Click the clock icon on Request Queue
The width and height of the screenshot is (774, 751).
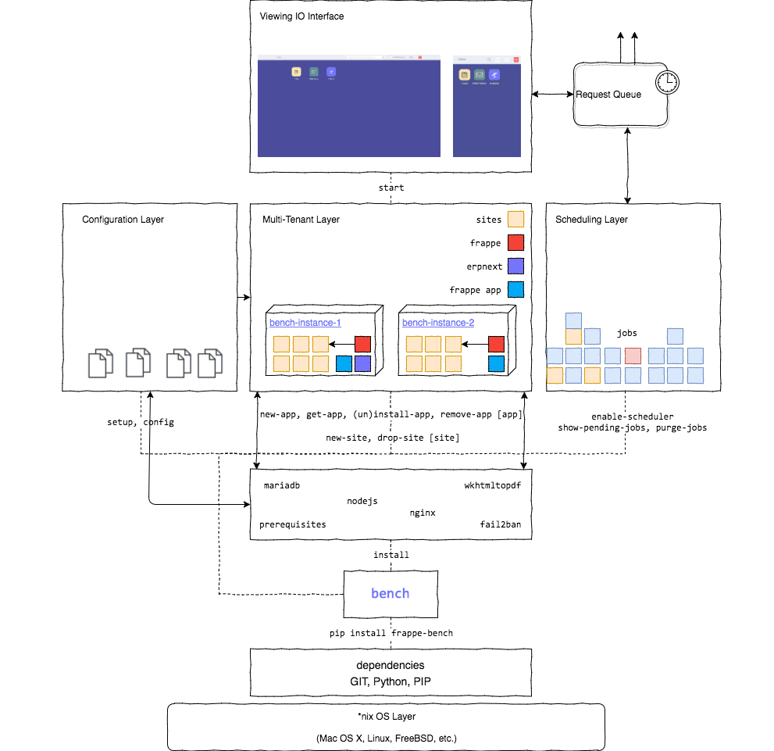coord(666,81)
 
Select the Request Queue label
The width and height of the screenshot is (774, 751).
coord(608,95)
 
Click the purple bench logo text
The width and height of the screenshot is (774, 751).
coord(390,593)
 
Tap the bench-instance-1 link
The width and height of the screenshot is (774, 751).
coord(305,322)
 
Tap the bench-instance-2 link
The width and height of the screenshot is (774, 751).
coord(438,322)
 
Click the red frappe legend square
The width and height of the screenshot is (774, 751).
coord(515,243)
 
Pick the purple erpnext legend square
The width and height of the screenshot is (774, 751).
coord(515,266)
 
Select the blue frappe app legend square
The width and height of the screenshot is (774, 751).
coord(515,290)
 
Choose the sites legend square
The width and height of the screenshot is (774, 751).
coord(515,220)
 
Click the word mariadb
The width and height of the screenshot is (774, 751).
coord(282,485)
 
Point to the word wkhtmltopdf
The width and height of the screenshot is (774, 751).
coord(492,485)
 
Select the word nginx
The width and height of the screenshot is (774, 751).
coord(423,513)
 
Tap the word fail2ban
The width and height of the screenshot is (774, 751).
coord(500,524)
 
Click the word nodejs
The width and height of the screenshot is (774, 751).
coord(362,501)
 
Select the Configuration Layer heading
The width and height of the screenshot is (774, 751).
coord(123,220)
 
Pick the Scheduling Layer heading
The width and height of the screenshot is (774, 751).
coord(591,220)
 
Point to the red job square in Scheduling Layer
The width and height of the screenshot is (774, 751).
coord(633,356)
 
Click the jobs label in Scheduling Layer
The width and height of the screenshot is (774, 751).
coord(627,333)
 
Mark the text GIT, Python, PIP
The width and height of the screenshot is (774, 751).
coord(391,681)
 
